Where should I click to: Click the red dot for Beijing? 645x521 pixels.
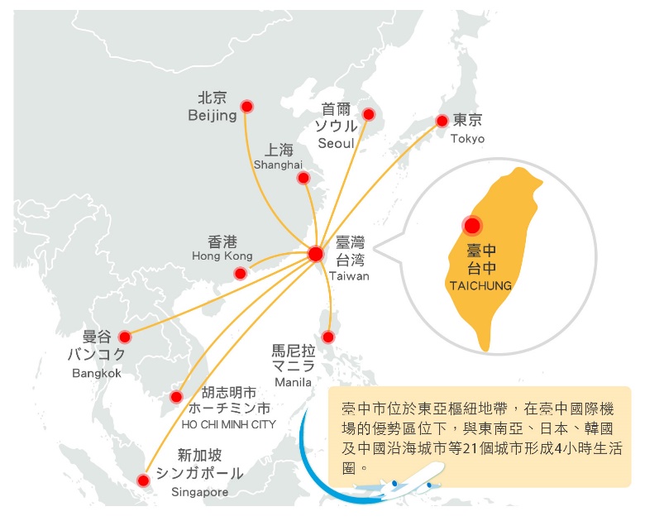click(x=246, y=107)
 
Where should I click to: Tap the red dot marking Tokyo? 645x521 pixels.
click(x=442, y=121)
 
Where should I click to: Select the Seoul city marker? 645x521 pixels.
click(x=369, y=114)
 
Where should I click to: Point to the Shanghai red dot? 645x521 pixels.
click(x=303, y=178)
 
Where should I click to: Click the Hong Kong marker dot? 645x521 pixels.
click(x=241, y=273)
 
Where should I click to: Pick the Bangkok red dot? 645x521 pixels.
click(x=125, y=337)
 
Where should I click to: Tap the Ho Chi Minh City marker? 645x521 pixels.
click(x=176, y=397)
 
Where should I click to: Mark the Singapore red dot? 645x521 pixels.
click(x=143, y=480)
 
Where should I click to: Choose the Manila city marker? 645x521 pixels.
click(x=327, y=337)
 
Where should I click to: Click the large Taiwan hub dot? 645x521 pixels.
click(x=316, y=255)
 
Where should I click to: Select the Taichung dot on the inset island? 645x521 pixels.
click(x=472, y=226)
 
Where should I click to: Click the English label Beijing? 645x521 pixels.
click(x=213, y=115)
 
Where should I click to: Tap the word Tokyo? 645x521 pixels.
click(x=467, y=138)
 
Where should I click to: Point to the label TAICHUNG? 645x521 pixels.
click(x=480, y=285)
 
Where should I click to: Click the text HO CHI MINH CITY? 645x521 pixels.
click(x=229, y=424)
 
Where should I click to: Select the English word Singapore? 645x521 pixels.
click(x=199, y=492)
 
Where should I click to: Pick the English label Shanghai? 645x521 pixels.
click(x=278, y=165)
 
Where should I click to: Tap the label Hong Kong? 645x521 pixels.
click(x=222, y=256)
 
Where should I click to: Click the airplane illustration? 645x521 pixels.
click(x=398, y=481)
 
